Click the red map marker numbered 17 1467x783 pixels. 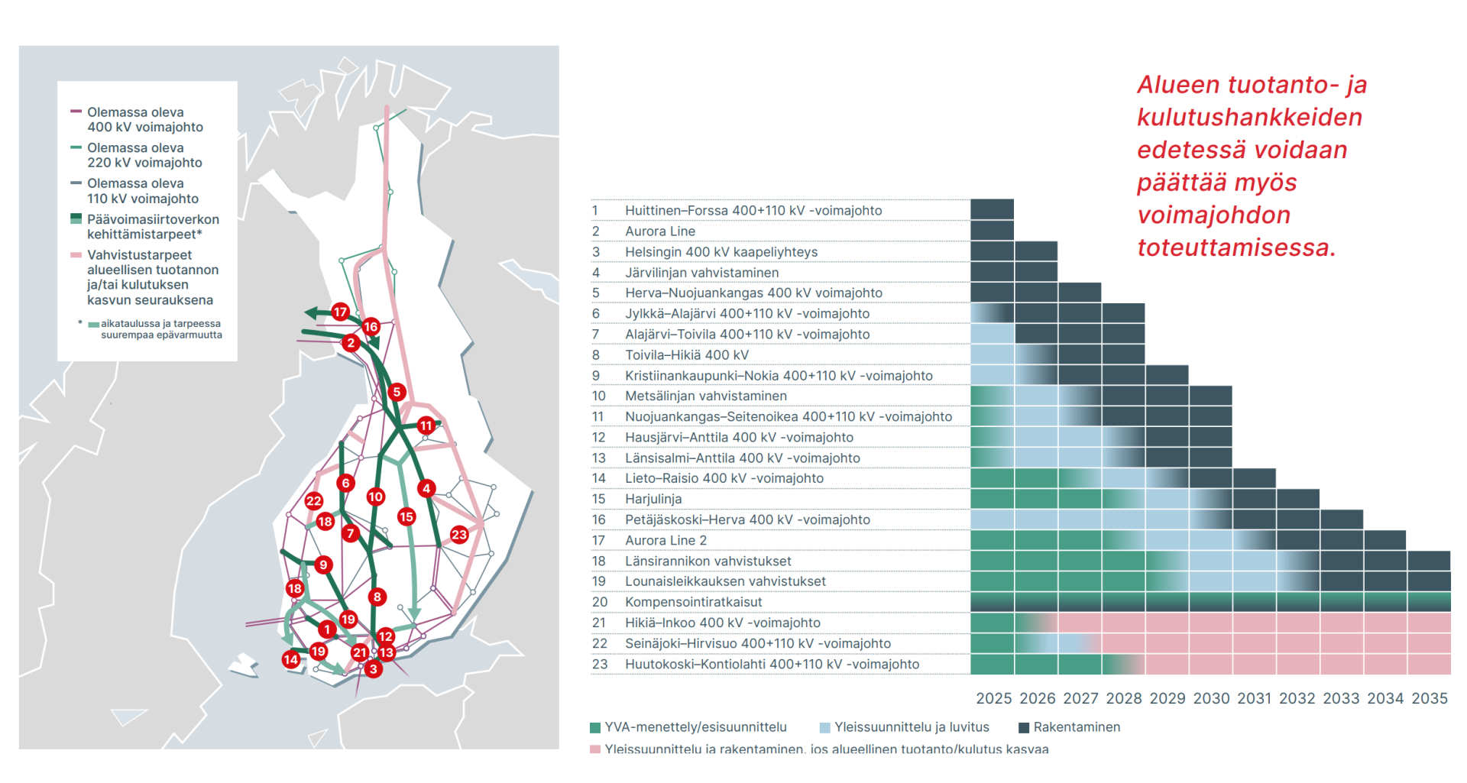(340, 312)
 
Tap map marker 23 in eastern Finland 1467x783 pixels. (459, 535)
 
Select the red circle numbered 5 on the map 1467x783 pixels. (397, 392)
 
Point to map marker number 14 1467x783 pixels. (291, 659)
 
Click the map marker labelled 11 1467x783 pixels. (426, 425)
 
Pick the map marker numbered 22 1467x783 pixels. (314, 501)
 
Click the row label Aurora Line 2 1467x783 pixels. (665, 540)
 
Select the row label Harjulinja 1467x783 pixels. (653, 499)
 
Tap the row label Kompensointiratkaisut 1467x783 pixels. (693, 602)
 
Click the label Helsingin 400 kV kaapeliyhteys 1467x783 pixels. (721, 252)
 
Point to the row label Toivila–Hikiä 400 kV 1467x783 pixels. (686, 355)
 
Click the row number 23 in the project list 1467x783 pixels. (600, 665)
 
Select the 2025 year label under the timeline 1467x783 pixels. (993, 698)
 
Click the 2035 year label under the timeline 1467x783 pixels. (1429, 698)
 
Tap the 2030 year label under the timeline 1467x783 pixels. (1211, 698)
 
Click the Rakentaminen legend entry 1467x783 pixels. (1076, 727)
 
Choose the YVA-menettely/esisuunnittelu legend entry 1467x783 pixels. (695, 727)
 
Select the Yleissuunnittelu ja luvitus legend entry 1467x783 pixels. (911, 727)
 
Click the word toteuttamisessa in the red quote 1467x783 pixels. (1235, 248)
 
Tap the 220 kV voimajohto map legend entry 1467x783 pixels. (144, 155)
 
